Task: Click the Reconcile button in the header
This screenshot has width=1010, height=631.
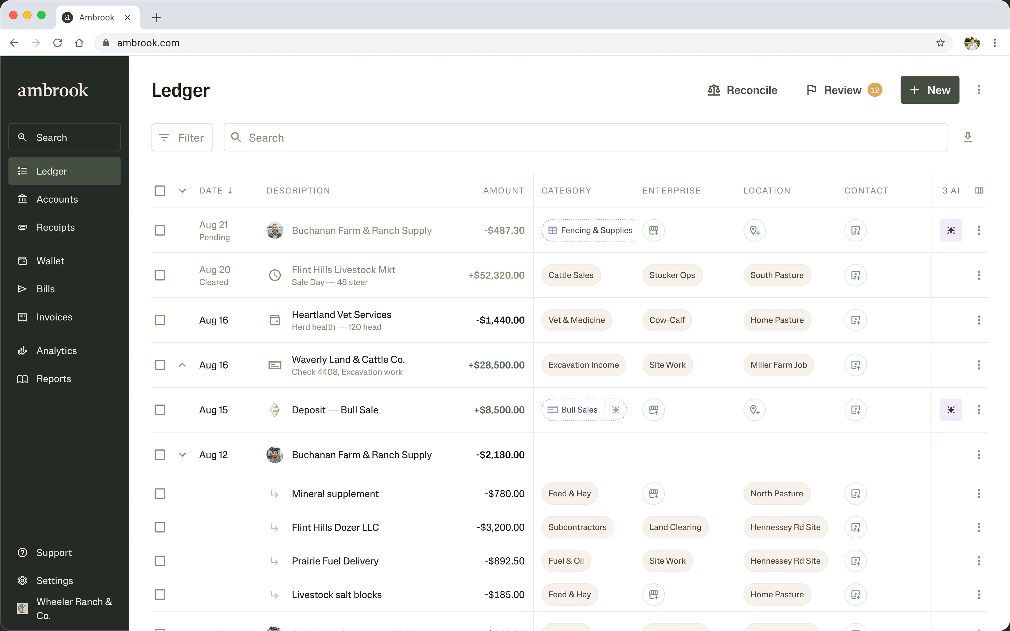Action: pos(743,90)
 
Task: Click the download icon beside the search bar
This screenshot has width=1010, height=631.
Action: pos(967,137)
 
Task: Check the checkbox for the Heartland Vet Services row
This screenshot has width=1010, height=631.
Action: pos(160,320)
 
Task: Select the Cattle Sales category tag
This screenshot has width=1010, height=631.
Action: pos(570,275)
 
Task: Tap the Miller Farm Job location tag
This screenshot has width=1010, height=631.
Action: pos(778,365)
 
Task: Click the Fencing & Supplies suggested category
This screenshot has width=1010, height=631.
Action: pos(588,230)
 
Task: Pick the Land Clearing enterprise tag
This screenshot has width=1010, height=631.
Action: pos(675,527)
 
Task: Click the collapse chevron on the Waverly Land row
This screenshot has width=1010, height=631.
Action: pos(182,365)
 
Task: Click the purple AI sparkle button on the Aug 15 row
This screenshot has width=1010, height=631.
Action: pos(951,410)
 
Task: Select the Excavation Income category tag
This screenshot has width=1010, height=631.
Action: pos(583,365)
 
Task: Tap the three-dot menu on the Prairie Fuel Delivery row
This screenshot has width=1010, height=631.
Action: pos(979,561)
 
